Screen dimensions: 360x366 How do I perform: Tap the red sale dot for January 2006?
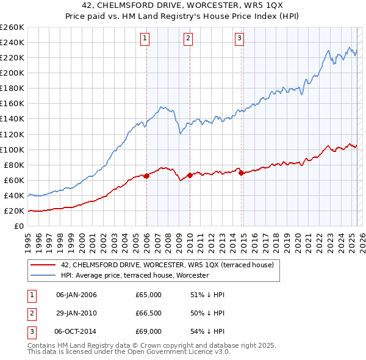pos(146,176)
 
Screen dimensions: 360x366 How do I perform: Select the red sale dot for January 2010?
pos(190,175)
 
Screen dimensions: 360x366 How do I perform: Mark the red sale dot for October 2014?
pos(241,173)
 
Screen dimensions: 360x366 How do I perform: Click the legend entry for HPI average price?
pos(135,275)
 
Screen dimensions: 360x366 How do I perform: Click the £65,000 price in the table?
pos(148,295)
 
